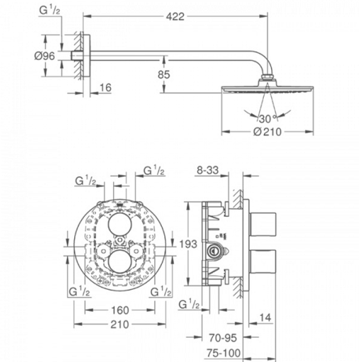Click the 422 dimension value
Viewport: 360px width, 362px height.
click(x=175, y=16)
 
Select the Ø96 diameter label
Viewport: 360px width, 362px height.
click(x=44, y=56)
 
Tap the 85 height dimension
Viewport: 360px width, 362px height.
click(x=164, y=74)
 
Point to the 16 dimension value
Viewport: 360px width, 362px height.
click(x=105, y=87)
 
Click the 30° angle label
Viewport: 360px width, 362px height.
click(x=268, y=118)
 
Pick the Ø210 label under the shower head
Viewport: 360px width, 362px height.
click(x=268, y=132)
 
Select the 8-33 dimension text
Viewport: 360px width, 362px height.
click(x=207, y=171)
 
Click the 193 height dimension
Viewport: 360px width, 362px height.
click(x=188, y=244)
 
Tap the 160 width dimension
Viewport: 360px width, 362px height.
click(x=120, y=310)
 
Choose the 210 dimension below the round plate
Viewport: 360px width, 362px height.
click(x=120, y=324)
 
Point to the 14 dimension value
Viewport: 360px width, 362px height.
click(x=265, y=318)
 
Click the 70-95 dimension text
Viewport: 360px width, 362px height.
click(x=223, y=338)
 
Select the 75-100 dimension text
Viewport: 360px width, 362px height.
click(x=223, y=353)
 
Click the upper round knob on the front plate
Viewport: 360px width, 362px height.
click(x=120, y=224)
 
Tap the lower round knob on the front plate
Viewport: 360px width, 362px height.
click(x=120, y=262)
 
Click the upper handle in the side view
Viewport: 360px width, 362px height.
click(x=263, y=225)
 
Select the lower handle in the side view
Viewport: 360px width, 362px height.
click(x=263, y=262)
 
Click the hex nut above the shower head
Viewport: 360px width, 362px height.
click(x=268, y=77)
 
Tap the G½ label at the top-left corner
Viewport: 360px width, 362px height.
click(x=49, y=10)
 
